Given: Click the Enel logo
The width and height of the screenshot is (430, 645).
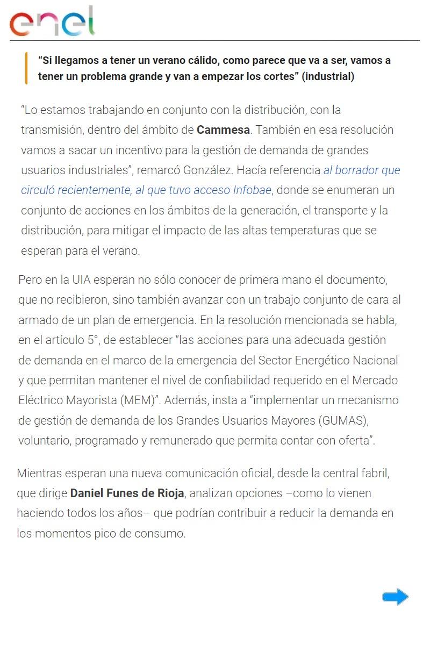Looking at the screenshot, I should point(52,21).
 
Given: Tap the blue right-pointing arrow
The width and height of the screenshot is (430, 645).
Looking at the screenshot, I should point(396,597).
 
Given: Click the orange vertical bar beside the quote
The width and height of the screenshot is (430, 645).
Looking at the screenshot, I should point(26,68).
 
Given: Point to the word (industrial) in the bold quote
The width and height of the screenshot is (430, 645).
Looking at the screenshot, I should point(328,76).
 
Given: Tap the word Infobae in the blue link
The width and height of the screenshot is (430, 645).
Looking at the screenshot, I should point(253,190).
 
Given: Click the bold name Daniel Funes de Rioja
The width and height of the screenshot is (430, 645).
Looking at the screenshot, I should point(127,493).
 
